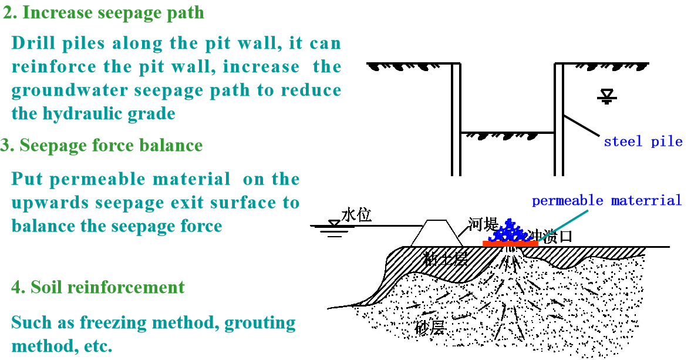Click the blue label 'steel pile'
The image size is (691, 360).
[643, 142]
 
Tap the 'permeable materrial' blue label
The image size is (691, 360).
[606, 200]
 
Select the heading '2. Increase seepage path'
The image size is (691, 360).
[104, 13]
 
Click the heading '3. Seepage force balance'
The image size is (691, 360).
[102, 146]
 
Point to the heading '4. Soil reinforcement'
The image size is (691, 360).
[98, 287]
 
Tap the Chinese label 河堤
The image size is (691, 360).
[483, 225]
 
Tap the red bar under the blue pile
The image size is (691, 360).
[510, 243]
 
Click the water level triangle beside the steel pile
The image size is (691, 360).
[606, 96]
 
